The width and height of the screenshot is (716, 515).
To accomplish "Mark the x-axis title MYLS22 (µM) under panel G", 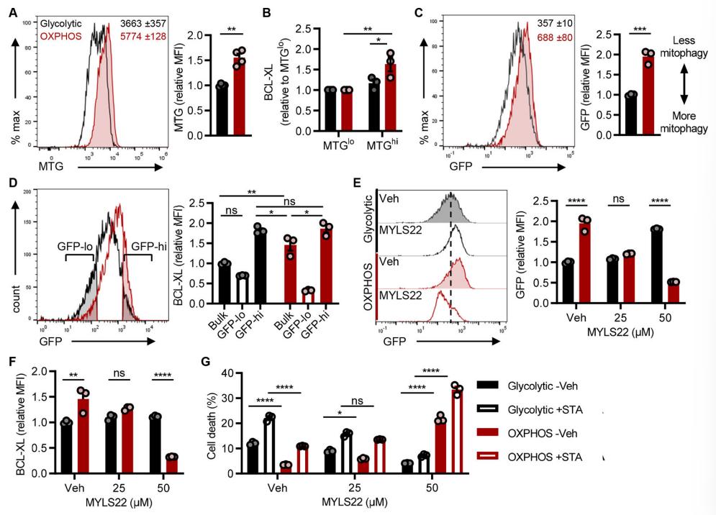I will (363, 504).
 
